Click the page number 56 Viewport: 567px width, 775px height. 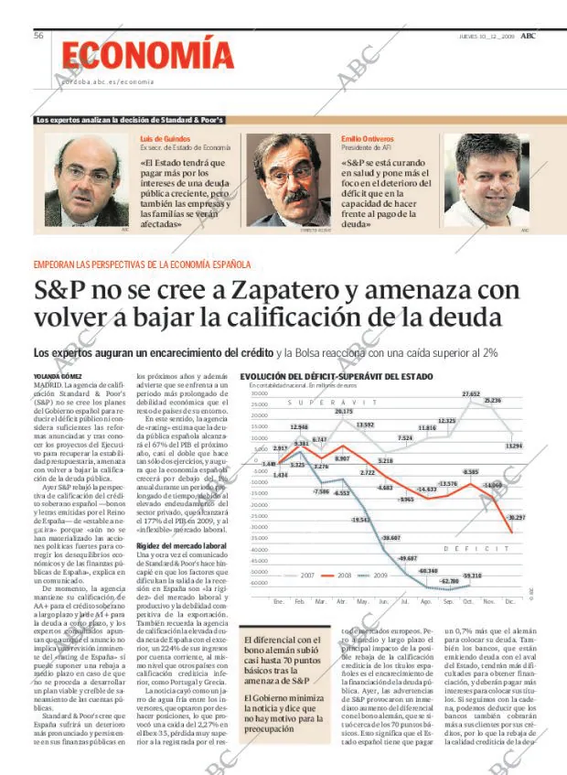point(39,35)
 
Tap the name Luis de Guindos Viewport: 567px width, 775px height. point(165,138)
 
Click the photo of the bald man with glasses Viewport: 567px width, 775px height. point(86,180)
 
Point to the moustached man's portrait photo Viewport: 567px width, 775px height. point(288,180)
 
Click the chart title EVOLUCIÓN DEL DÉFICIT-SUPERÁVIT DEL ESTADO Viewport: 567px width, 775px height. point(336,376)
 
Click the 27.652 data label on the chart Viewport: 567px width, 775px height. point(470,394)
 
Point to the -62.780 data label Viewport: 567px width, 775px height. point(449,581)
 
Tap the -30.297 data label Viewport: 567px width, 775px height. point(515,518)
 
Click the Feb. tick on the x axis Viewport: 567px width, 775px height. point(299,601)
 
